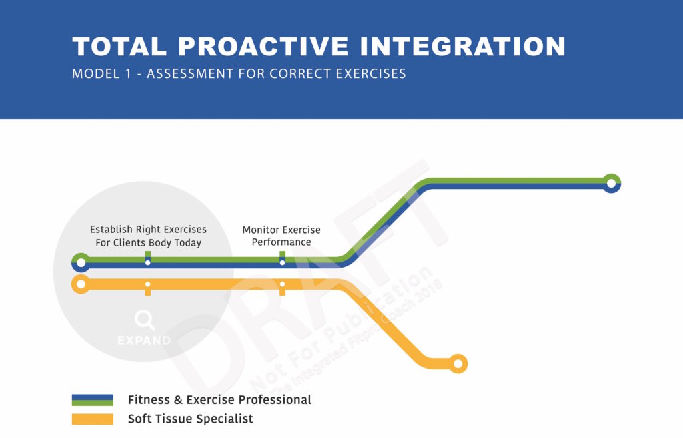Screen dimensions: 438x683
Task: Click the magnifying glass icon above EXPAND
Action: (x=144, y=320)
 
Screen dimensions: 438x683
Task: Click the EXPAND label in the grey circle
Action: (x=144, y=341)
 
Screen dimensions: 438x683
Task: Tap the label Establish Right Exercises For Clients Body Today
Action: (x=148, y=236)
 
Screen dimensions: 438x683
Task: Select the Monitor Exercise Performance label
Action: (x=281, y=236)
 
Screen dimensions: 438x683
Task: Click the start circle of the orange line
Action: (x=81, y=285)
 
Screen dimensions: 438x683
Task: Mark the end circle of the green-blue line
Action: (x=610, y=182)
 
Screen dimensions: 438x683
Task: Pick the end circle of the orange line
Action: (x=458, y=364)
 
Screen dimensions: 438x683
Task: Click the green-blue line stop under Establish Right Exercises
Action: (x=148, y=262)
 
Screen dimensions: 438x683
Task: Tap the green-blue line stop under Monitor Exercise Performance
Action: (x=282, y=262)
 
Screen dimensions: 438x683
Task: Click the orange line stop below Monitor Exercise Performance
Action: (x=282, y=285)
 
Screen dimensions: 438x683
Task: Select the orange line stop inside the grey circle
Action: (x=148, y=285)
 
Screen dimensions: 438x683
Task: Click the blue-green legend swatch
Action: (x=93, y=400)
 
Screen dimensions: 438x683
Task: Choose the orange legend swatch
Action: (x=93, y=419)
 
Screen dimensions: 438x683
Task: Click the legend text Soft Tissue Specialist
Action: (x=191, y=419)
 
